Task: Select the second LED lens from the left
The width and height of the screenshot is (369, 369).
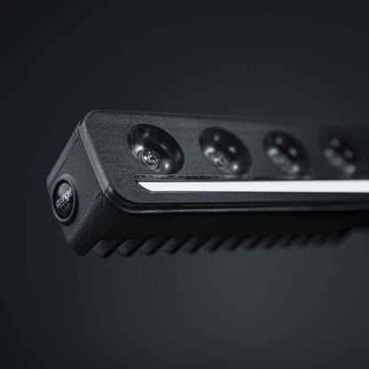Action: point(223,149)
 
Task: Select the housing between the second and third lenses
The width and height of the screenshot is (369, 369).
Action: point(255,151)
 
